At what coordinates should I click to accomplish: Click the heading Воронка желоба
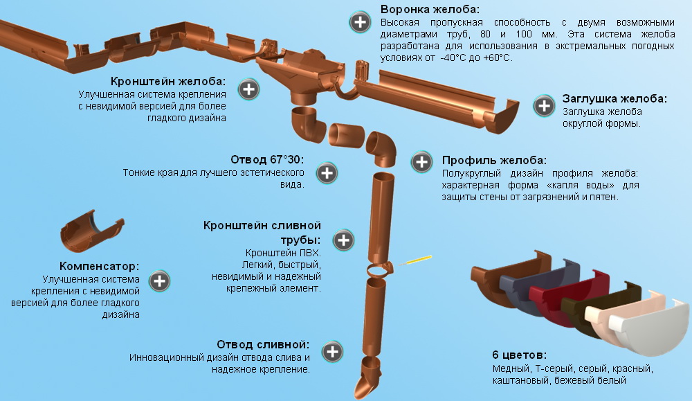point(430,10)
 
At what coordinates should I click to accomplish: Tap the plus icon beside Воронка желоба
point(360,22)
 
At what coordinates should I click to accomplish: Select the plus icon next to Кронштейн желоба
point(248,89)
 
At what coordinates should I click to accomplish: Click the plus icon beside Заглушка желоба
point(545,106)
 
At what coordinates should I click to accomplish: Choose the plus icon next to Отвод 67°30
point(326,173)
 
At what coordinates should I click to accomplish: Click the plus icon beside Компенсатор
point(160,281)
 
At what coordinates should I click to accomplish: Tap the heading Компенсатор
point(100,266)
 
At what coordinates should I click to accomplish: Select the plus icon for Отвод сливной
point(333,351)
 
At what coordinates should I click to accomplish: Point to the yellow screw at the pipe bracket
point(417,260)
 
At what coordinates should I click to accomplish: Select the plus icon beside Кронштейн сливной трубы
point(343,241)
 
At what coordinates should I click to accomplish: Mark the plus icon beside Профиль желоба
point(421,162)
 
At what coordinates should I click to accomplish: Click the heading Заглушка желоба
point(614,98)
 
